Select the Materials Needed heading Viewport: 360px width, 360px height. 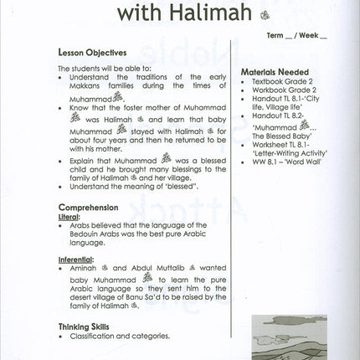(273, 73)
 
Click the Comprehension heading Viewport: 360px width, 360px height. (88, 207)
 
